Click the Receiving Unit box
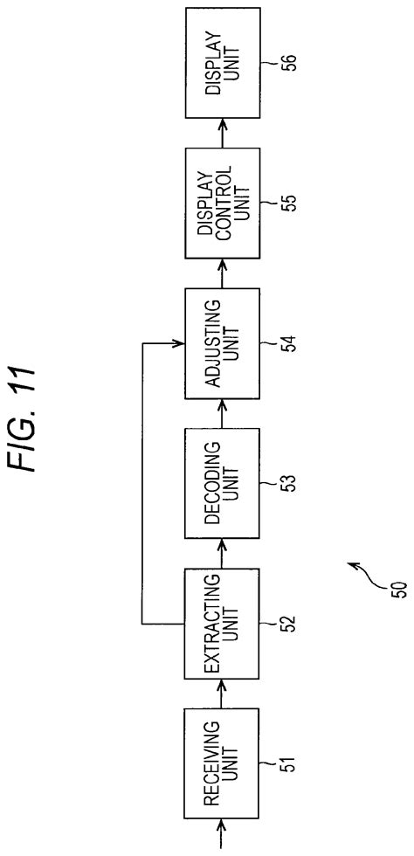coord(223,763)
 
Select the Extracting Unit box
coord(223,623)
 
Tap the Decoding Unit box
coord(223,482)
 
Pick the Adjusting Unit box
coord(223,342)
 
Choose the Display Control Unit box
coord(223,203)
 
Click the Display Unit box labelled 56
coord(223,63)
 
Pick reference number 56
coord(290,64)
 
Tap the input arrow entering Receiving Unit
coord(223,833)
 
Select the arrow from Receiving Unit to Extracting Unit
coord(223,694)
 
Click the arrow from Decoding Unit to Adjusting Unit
coord(223,413)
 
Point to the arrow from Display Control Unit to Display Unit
coord(223,133)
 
